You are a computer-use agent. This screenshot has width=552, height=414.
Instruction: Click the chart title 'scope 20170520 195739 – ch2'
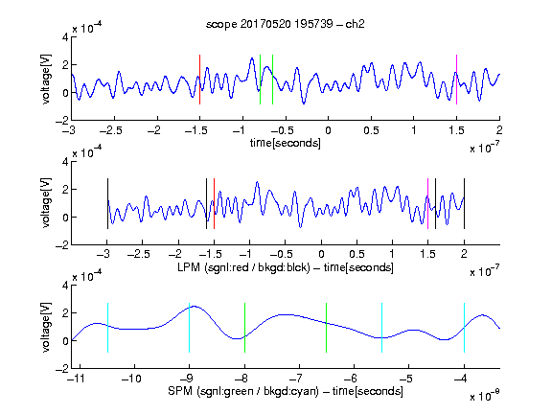tap(286, 24)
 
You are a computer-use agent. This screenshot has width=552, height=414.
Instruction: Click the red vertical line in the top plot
tap(199, 80)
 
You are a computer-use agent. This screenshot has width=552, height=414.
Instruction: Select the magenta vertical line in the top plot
tap(456, 80)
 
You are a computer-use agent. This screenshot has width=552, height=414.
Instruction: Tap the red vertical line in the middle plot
tap(214, 204)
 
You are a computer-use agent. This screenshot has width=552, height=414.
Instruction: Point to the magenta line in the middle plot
tap(427, 204)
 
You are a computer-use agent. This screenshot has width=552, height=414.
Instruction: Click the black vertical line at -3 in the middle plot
tap(107, 204)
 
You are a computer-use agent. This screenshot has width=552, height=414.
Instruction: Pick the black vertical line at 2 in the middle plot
tap(464, 204)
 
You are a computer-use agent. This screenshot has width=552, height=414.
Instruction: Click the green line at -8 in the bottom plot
tap(244, 328)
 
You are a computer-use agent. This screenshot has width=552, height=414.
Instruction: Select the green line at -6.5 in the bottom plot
tap(327, 328)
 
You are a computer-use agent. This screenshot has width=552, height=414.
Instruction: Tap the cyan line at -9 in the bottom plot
tap(190, 328)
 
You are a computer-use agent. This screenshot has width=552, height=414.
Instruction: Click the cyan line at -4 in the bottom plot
tap(464, 328)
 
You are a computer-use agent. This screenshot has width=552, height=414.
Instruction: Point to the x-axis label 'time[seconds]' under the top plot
tap(286, 143)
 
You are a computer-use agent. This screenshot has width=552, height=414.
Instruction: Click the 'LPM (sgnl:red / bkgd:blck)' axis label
tap(243, 267)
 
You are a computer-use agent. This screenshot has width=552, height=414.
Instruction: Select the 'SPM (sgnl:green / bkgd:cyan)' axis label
tap(243, 391)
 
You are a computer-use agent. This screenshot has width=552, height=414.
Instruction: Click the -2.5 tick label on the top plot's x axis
tap(111, 131)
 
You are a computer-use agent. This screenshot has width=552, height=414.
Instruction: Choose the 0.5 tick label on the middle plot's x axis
tap(356, 254)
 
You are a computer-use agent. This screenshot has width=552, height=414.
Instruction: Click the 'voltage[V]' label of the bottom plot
tap(46, 328)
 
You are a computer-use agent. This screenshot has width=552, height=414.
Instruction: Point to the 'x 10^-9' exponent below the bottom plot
tap(485, 396)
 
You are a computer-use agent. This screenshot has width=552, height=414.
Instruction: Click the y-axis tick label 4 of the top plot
tap(65, 37)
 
